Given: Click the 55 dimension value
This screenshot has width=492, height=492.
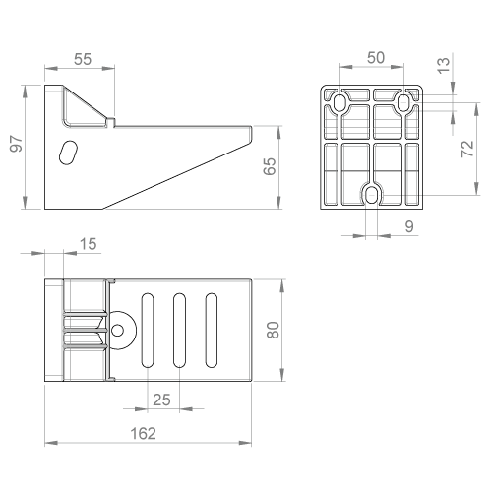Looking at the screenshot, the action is pyautogui.click(x=83, y=59).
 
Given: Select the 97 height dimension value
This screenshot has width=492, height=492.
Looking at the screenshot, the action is pyautogui.click(x=16, y=144).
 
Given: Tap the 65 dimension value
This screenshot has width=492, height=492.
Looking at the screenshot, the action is pyautogui.click(x=270, y=166).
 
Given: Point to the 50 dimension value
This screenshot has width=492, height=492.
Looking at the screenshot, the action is pyautogui.click(x=376, y=58).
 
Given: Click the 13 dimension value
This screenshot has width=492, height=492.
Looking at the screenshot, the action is pyautogui.click(x=443, y=66).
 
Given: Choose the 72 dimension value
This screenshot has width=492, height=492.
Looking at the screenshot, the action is pyautogui.click(x=467, y=149).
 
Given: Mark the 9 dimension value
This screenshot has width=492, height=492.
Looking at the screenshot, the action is pyautogui.click(x=409, y=226).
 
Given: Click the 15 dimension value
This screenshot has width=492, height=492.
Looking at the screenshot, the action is pyautogui.click(x=89, y=244).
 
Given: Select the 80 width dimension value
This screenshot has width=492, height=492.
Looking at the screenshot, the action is pyautogui.click(x=273, y=330).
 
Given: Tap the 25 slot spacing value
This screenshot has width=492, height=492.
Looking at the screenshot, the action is pyautogui.click(x=161, y=400).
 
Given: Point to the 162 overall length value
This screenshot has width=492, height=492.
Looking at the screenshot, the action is pyautogui.click(x=144, y=433).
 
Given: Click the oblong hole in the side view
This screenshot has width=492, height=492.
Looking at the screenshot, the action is pyautogui.click(x=68, y=153).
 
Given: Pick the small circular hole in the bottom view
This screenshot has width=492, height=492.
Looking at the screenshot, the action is pyautogui.click(x=117, y=331).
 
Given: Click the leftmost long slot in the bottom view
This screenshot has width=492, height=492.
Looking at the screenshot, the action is pyautogui.click(x=148, y=331).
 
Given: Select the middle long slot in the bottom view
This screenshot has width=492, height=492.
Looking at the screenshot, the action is pyautogui.click(x=179, y=331).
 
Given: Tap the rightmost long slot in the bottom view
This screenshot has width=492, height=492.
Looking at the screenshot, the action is pyautogui.click(x=212, y=331).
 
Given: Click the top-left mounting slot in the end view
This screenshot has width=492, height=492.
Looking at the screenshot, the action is pyautogui.click(x=339, y=103).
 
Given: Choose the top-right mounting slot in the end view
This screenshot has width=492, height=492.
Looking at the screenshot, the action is pyautogui.click(x=403, y=103).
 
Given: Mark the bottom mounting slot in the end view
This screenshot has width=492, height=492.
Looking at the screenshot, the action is pyautogui.click(x=371, y=196).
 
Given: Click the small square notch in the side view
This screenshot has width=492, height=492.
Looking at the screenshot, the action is pyautogui.click(x=111, y=122).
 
